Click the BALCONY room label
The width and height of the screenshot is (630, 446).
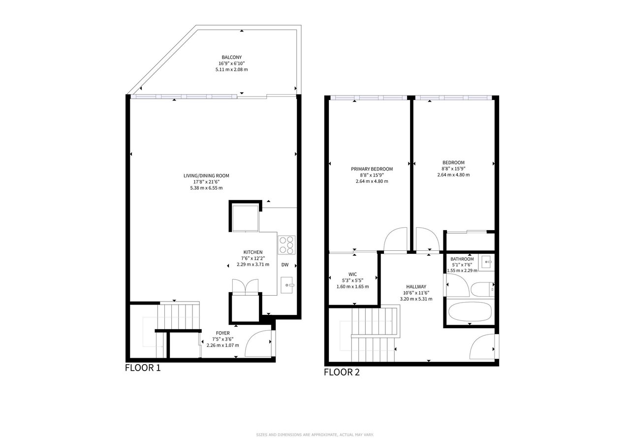[231, 58]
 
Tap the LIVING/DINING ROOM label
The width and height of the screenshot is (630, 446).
[206, 176]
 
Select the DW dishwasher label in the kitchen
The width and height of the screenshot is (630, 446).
[285, 265]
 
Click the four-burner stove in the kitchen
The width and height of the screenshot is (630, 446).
[286, 245]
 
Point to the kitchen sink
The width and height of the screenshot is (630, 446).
[287, 285]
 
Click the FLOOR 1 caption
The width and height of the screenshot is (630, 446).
[143, 368]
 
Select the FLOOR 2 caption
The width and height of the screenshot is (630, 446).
[342, 372]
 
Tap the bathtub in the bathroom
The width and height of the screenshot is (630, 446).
[470, 311]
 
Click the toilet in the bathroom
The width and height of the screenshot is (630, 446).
[483, 289]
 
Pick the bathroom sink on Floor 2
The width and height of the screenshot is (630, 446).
[486, 263]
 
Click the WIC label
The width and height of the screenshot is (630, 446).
[352, 274]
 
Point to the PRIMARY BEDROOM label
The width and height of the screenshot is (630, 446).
[372, 169]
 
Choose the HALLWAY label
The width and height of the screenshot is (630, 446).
[416, 287]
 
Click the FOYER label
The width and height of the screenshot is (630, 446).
[223, 333]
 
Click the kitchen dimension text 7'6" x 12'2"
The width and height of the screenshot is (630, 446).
[253, 258]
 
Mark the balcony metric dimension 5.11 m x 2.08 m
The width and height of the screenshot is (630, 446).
[231, 69]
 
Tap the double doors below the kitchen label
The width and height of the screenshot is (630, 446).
[245, 287]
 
